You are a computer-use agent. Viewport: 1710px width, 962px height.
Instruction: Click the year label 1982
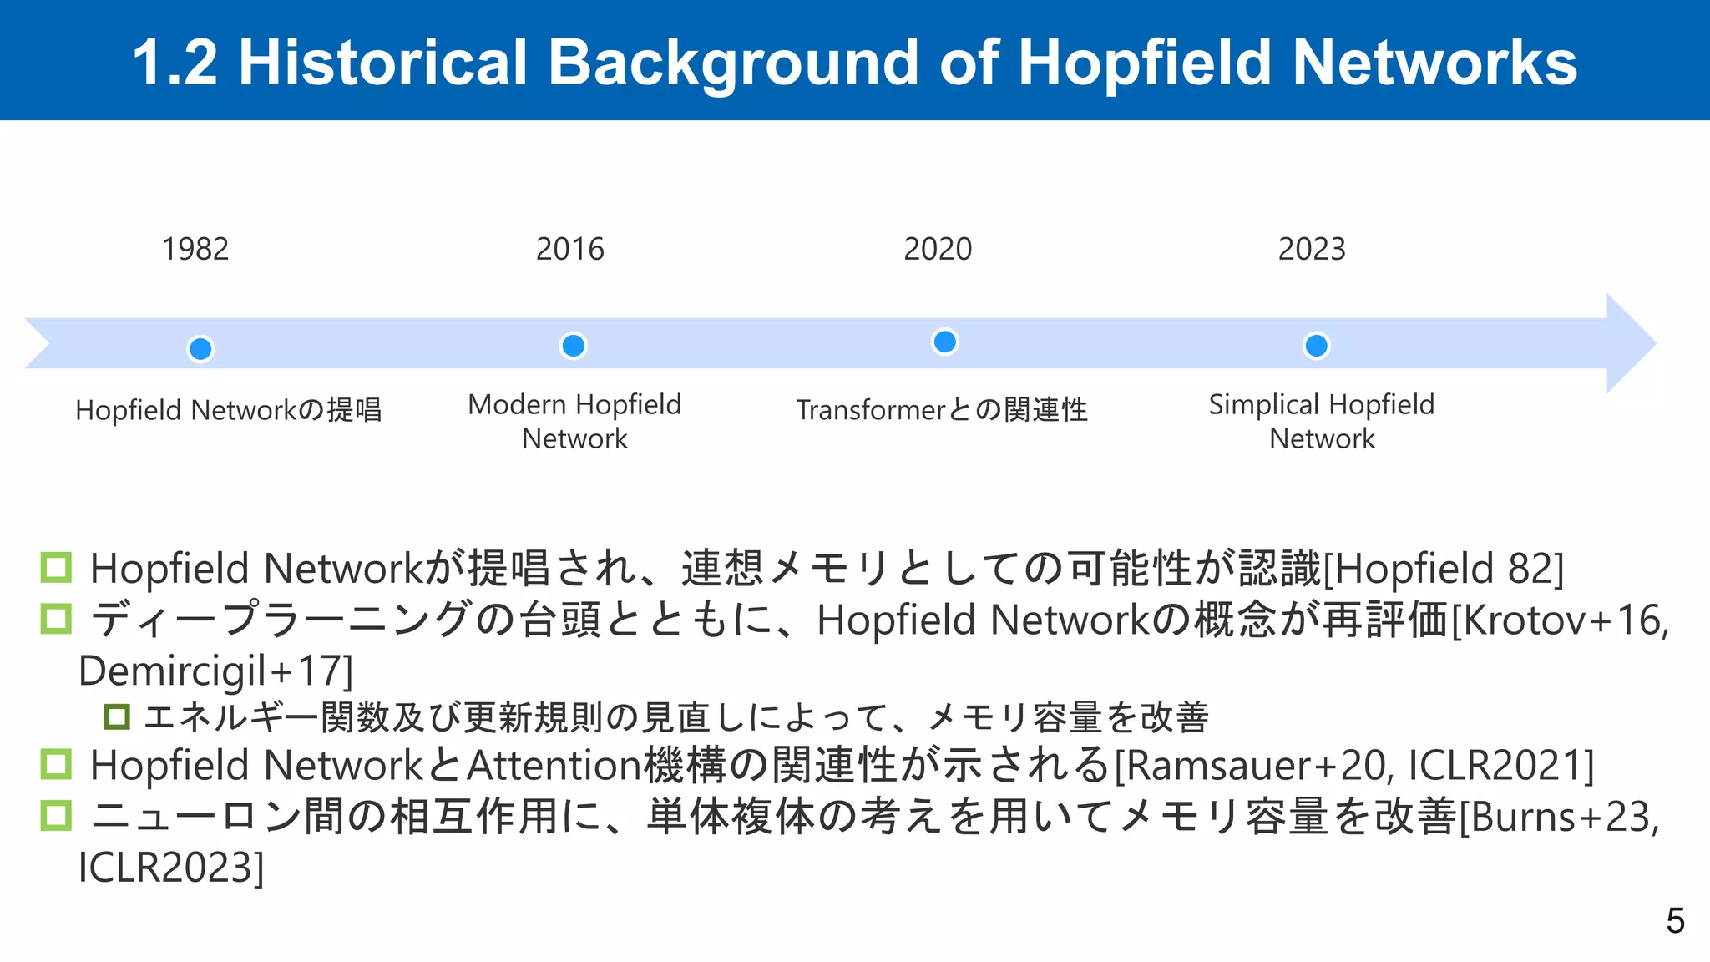(x=195, y=249)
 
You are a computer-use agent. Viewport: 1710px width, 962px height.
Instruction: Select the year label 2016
(x=569, y=249)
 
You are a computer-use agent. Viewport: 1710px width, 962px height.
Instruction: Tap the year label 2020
(x=938, y=249)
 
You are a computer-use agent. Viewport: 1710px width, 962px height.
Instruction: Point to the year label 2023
(x=1312, y=249)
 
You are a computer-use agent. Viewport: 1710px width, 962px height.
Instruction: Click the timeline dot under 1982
(x=200, y=348)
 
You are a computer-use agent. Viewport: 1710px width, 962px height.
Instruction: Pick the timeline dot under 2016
(x=574, y=345)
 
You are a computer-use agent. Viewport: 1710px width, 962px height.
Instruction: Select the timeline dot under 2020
(x=944, y=342)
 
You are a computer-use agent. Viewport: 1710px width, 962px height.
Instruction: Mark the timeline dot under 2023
(x=1316, y=345)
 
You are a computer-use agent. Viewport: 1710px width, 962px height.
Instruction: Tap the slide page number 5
(x=1675, y=921)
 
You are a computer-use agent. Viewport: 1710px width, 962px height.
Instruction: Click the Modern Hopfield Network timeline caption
(x=574, y=422)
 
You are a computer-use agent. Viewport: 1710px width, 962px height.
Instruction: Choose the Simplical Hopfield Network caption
(x=1322, y=422)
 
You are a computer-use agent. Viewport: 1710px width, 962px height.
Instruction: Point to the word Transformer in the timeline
(x=870, y=410)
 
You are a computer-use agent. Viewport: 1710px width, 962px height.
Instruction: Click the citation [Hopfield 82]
(x=1444, y=569)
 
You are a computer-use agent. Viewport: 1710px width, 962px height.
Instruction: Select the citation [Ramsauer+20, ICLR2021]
(x=1354, y=766)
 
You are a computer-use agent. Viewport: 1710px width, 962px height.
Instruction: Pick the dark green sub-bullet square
(x=117, y=716)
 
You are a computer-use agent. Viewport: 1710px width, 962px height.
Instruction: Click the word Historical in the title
(x=383, y=63)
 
